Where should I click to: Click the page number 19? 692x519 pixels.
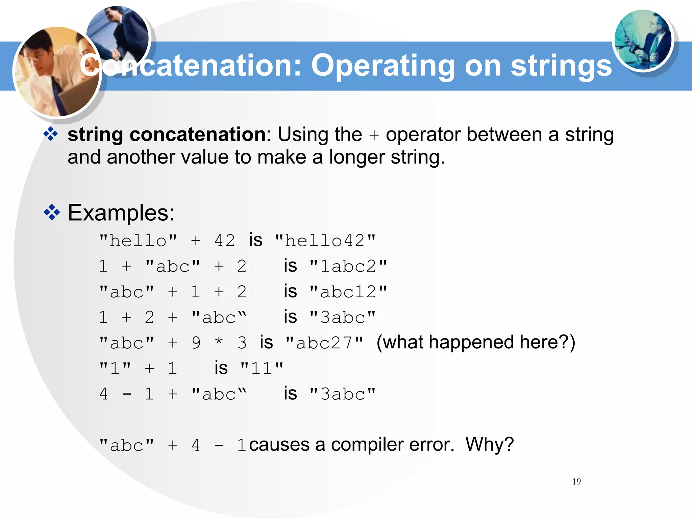(576, 481)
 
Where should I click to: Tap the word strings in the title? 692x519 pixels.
(561, 66)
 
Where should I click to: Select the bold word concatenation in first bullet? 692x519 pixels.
(198, 134)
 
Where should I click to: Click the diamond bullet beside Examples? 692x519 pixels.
(52, 213)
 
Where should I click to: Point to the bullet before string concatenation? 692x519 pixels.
(51, 134)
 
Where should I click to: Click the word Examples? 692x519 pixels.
(121, 213)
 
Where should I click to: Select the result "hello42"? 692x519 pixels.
(325, 241)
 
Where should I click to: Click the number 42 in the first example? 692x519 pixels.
(225, 241)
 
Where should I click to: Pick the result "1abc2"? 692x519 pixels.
(348, 266)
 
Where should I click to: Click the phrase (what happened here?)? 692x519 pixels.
(476, 342)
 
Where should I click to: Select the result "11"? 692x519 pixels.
(262, 368)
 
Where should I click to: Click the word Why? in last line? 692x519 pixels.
(489, 444)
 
